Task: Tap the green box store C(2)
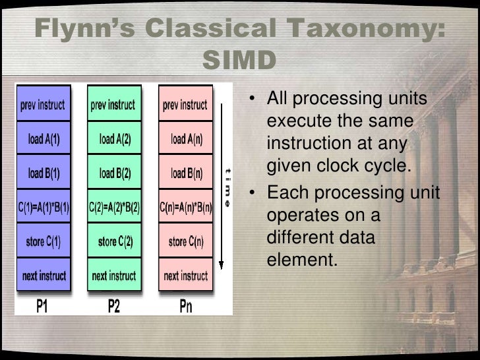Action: point(116,242)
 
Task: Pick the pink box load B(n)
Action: point(187,173)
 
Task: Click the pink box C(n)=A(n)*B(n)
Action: point(187,208)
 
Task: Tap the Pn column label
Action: point(187,306)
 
